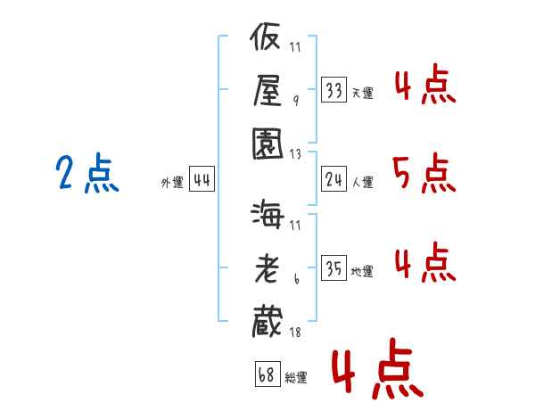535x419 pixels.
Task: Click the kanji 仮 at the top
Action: point(265,37)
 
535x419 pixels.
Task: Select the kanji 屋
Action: point(267,90)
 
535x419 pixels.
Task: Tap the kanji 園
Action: point(267,144)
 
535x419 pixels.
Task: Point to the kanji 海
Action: point(267,214)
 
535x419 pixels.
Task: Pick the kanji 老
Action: point(266,268)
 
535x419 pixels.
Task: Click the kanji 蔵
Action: point(267,322)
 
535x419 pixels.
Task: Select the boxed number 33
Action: point(333,90)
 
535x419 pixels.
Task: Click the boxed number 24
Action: point(333,179)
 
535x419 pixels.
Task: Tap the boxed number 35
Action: point(333,267)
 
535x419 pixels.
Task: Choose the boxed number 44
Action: point(202,179)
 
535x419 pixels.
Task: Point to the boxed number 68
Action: point(267,374)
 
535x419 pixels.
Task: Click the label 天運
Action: point(363,93)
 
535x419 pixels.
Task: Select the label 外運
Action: point(172,182)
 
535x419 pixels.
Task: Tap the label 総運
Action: point(296,377)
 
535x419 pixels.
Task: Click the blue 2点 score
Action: point(87,173)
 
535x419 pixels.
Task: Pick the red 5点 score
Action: point(424,173)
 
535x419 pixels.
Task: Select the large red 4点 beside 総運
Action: point(378,368)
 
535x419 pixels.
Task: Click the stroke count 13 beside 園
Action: point(295,154)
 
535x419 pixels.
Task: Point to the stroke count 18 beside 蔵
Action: point(295,333)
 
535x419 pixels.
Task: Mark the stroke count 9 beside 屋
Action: point(296,101)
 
